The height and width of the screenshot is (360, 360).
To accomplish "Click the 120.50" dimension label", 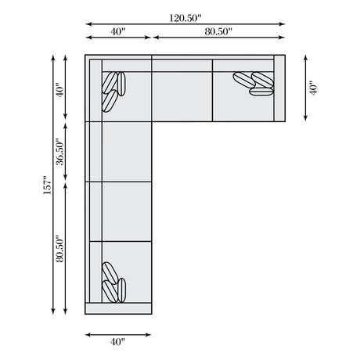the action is coord(185,18).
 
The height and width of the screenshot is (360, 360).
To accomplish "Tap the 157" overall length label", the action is coord(47,185).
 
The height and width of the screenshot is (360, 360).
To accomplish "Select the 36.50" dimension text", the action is coord(59,153).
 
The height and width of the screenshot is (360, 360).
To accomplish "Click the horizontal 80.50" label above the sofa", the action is coord(218,31).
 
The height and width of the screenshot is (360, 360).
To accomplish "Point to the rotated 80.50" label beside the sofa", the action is coord(59,249).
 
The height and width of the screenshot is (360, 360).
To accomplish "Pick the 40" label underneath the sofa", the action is coord(117,341).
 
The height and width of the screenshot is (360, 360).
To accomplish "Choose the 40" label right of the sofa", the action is coord(313,88).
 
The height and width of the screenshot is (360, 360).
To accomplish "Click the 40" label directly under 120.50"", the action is coord(118,31).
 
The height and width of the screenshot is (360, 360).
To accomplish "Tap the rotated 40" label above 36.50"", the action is coord(59,90).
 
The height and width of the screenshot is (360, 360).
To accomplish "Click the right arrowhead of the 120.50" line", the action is coord(283,24).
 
